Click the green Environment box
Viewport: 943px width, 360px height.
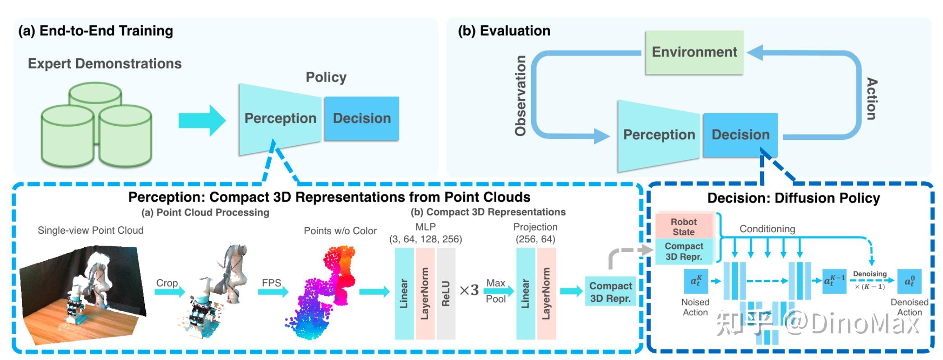pos(694,52)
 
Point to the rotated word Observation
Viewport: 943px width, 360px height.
pos(521,96)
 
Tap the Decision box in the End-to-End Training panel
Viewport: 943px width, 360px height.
pos(362,118)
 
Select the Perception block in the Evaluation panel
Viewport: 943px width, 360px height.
pos(658,134)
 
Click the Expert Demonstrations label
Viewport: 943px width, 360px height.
pos(105,64)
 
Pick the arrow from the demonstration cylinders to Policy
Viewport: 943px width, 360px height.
pos(202,120)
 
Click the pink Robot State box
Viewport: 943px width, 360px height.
pos(684,227)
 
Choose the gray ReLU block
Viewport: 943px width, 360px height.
pos(446,293)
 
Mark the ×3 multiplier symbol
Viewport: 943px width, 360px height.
pos(469,290)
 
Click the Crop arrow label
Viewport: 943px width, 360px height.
pos(167,283)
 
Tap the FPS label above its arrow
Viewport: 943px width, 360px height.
pos(272,283)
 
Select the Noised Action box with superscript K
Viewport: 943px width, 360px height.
pos(696,282)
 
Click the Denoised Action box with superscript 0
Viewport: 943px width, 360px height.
pos(909,282)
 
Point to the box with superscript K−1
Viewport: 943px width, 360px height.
pos(834,281)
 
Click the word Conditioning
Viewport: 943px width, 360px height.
pos(767,229)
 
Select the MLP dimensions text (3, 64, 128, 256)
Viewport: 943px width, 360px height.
pos(425,239)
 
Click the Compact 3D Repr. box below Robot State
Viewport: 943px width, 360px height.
pos(684,251)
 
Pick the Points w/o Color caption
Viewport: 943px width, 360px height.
pos(340,231)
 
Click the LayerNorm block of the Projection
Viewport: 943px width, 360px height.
pos(546,293)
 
